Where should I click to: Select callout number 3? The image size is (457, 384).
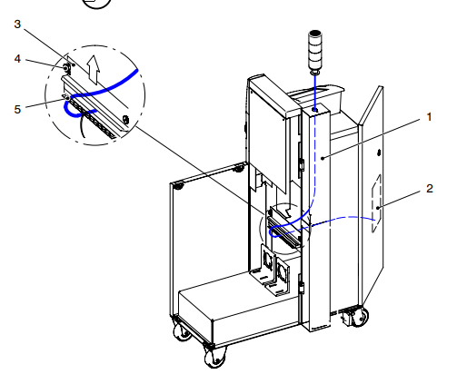17,25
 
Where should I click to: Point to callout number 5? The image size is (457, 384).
17,108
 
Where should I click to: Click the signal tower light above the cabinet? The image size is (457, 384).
316,54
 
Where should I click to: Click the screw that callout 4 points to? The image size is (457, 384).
65,65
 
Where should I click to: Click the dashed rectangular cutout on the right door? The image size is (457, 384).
376,209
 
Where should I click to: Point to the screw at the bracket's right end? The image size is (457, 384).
126,117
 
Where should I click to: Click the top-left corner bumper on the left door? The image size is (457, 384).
180,185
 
